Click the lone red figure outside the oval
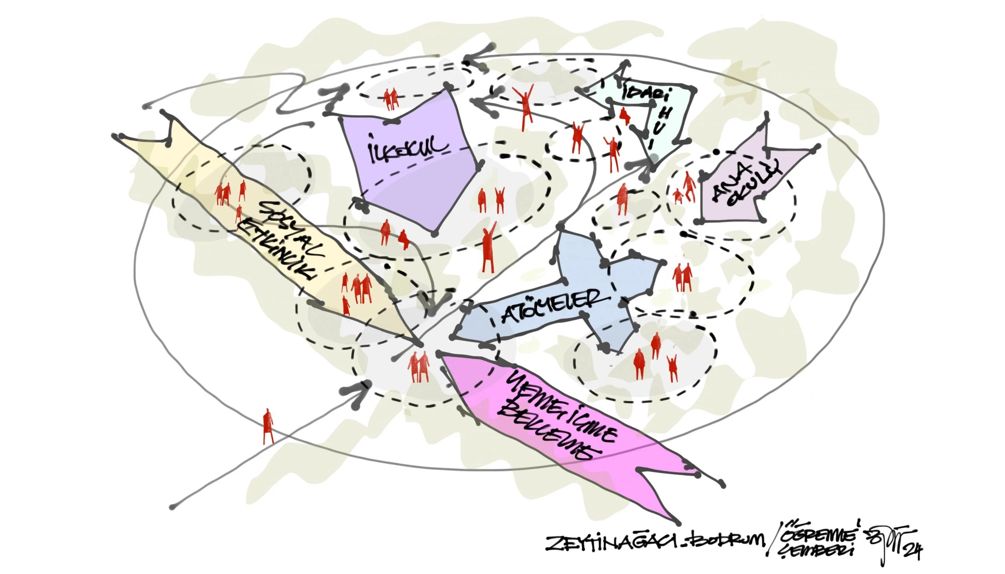268,426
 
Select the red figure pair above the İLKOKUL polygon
391,99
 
